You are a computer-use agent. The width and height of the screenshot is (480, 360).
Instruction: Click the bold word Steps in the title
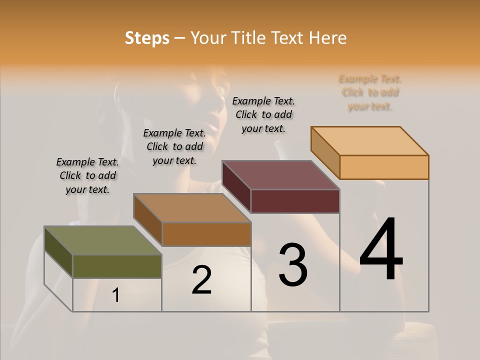tap(147, 38)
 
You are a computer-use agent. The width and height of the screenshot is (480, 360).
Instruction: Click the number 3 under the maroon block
tap(292, 265)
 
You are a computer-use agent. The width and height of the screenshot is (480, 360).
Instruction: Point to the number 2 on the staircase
tap(201, 280)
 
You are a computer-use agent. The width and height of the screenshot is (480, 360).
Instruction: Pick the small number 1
tap(116, 295)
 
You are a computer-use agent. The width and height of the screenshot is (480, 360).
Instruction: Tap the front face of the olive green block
tap(117, 266)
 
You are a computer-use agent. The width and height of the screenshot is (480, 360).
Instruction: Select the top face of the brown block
tap(192, 208)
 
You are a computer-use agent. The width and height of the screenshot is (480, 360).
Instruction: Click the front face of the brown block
tap(206, 234)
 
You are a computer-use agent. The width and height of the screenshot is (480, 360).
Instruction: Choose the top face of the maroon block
tap(281, 175)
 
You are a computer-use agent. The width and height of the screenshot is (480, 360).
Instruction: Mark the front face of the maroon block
tap(295, 201)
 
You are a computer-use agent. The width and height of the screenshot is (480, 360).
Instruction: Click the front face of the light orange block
tap(384, 167)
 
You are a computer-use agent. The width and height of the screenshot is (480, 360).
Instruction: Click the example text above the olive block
tap(87, 175)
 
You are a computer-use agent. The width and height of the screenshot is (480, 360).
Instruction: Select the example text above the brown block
tap(174, 146)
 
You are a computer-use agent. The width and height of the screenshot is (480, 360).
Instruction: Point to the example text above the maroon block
tap(263, 114)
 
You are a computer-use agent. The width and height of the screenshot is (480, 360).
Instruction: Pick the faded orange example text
tap(370, 92)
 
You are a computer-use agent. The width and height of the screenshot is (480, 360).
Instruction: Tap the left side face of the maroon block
tap(236, 186)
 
